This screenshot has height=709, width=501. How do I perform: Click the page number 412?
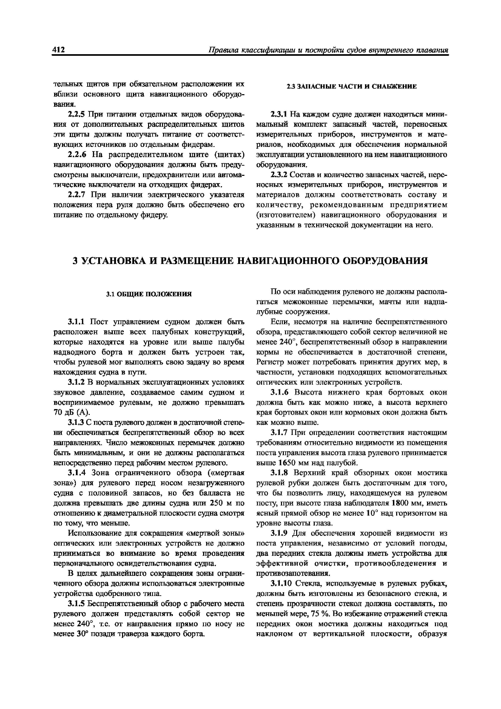59,50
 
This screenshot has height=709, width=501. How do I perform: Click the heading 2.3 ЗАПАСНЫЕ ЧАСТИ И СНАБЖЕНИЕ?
351,87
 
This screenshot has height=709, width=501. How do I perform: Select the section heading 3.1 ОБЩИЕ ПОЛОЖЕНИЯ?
149,294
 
